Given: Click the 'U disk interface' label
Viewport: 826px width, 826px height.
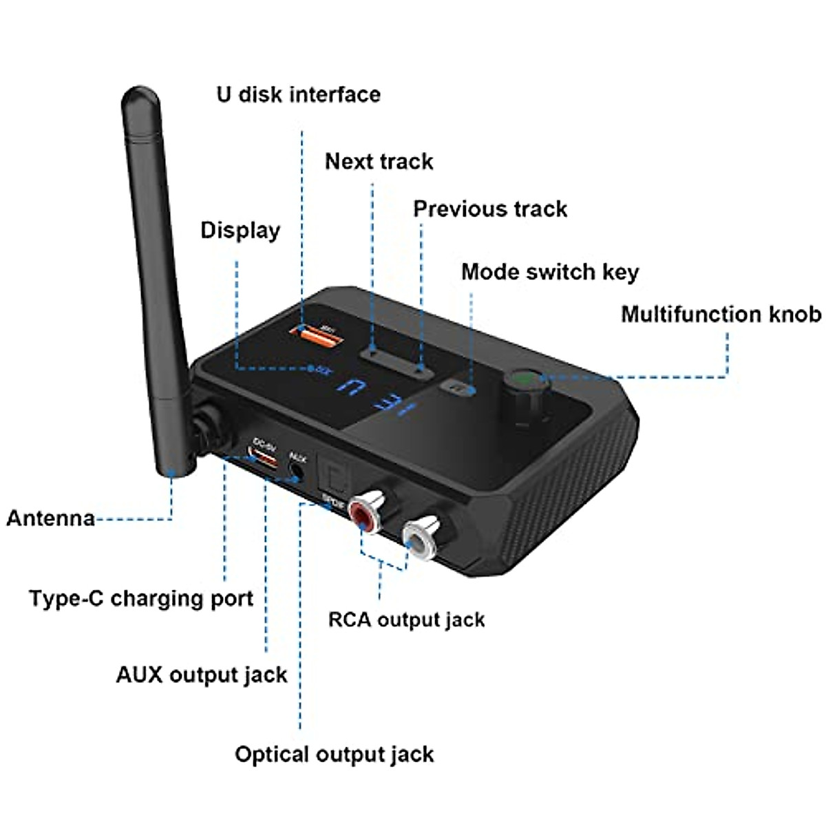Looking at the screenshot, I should point(298,94).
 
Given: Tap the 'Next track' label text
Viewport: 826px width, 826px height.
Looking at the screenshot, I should point(379,162).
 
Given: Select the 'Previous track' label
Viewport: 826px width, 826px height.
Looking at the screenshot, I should point(490,209).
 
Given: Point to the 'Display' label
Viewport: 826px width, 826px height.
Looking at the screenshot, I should point(240,231).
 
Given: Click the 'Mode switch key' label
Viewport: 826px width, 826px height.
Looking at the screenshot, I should point(549,272).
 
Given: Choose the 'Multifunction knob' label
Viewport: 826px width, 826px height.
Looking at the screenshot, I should point(721,315).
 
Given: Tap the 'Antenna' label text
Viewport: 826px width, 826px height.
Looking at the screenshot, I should point(50,518).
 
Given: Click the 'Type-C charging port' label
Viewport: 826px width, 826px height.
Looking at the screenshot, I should point(141,598).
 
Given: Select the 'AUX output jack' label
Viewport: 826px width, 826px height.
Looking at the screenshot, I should point(201,675).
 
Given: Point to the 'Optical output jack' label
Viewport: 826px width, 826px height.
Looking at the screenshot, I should point(334,754).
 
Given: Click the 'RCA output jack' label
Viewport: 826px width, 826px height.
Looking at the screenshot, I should point(406,619).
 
